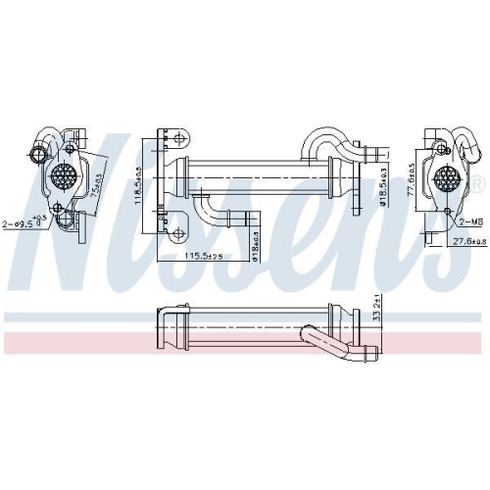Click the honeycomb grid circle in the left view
click(x=65, y=179)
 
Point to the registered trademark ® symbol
click(x=476, y=185)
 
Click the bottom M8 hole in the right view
click(x=446, y=212)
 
